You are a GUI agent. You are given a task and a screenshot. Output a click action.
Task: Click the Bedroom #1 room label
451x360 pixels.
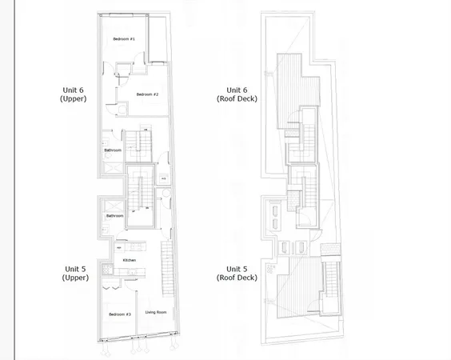[124, 39]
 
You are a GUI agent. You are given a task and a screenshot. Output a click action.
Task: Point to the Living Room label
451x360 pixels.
[156, 312]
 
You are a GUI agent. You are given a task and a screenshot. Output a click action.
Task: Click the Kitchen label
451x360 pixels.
[130, 260]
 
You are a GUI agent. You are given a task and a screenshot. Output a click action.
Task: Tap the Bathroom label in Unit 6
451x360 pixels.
[113, 150]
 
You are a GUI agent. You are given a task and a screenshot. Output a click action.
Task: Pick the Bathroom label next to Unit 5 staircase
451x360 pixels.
[115, 215]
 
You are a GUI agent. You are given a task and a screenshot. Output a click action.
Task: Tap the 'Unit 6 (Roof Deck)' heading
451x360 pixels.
[237, 94]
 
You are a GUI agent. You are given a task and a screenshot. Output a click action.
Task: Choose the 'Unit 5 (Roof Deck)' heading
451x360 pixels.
[237, 273]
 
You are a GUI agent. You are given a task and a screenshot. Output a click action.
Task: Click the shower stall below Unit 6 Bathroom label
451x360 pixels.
[112, 171]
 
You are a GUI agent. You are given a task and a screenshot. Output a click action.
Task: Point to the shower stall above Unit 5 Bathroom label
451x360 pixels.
[112, 203]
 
